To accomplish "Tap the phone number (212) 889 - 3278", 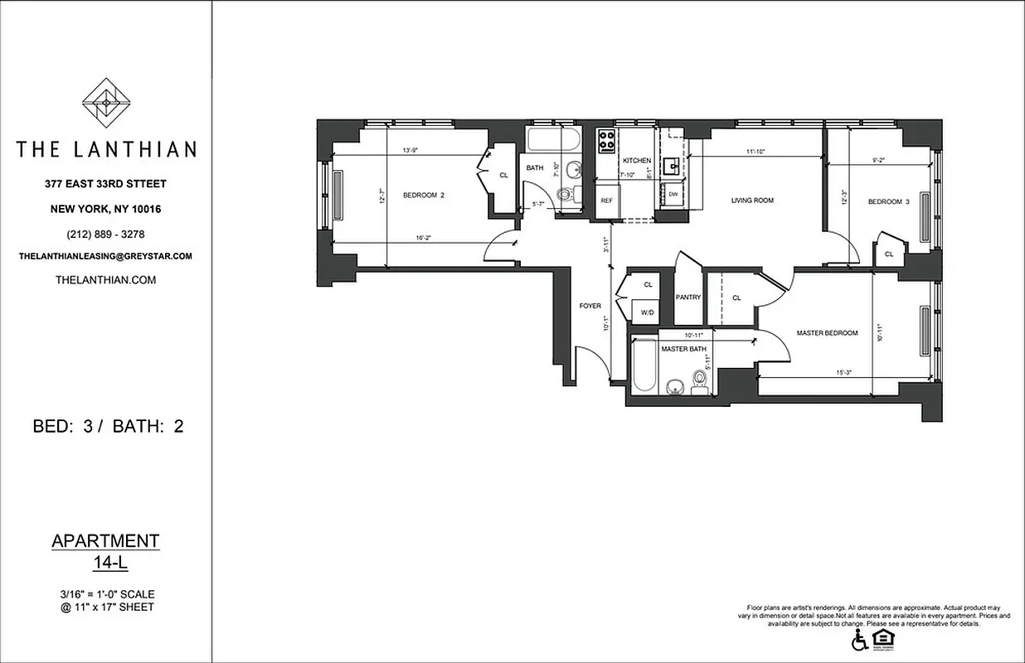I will point(105,233).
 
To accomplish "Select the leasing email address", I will point(105,257).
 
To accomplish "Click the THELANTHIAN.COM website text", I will point(105,280).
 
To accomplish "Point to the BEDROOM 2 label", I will point(424,196).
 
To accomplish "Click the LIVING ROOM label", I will point(751,201).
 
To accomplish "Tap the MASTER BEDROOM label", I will point(827,333).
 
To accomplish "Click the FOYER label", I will point(590,307).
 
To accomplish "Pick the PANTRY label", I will point(688,298).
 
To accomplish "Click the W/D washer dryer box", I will point(645,312).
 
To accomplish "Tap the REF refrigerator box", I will point(607,201).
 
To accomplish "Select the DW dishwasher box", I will point(673,195).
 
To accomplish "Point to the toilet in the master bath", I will point(700,381).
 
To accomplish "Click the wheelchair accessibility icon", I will point(860,640).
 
